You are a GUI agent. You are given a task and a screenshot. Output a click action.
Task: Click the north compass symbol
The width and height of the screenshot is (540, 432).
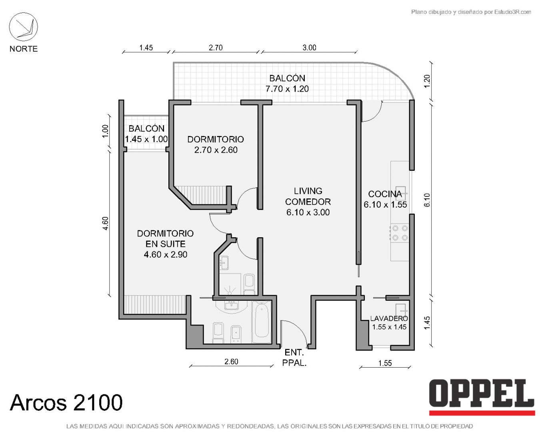point(23,27)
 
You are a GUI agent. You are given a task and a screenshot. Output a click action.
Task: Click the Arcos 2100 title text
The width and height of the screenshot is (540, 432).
point(66,402)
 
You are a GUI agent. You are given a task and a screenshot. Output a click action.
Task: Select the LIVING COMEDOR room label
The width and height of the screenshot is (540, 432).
point(308,196)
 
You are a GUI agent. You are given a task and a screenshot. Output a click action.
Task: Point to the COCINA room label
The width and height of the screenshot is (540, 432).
point(385,194)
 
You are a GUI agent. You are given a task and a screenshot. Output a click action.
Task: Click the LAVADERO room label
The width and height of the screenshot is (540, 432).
point(389,318)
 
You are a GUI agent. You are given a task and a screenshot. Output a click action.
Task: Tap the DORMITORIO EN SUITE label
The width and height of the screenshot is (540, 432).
point(165,238)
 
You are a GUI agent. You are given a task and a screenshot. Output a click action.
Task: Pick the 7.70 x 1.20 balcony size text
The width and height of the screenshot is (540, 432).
point(287,89)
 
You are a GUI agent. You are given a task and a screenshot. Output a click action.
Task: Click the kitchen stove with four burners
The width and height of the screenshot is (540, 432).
point(400,233)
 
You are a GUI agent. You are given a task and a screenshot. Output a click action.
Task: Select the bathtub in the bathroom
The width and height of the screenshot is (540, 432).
point(262,322)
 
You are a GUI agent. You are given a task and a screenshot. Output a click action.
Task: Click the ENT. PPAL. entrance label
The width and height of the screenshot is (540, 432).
point(294,358)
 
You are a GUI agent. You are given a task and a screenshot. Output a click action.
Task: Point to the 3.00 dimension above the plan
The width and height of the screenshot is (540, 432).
point(309,48)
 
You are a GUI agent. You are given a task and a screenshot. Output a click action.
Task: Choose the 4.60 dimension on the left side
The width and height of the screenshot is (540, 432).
point(106,223)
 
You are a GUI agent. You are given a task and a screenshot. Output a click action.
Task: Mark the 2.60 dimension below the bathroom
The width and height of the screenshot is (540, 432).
point(231,362)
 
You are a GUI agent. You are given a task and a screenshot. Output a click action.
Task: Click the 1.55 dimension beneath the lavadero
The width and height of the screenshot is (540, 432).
point(385,363)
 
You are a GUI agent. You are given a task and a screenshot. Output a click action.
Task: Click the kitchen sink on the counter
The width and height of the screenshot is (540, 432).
point(401,193)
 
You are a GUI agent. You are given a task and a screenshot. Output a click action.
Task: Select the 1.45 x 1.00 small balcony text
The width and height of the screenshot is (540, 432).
point(146,139)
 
